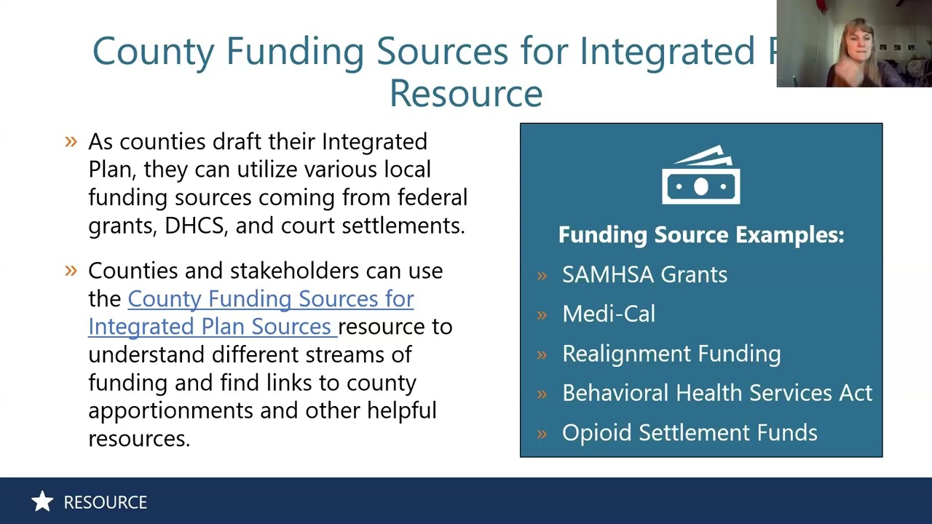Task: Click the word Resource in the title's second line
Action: pos(466,94)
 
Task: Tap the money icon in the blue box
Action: pos(700,175)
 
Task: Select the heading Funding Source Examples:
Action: pos(700,234)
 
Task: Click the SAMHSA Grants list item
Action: pos(644,274)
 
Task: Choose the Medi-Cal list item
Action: pos(609,314)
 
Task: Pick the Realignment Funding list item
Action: pos(671,354)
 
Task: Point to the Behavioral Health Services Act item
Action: pos(716,393)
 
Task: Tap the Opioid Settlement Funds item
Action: pos(689,432)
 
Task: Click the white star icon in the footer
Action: pos(42,501)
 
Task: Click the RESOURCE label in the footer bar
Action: pos(105,502)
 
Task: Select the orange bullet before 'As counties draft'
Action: pos(71,141)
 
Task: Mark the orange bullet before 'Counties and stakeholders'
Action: pos(71,271)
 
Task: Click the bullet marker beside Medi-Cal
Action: pos(542,314)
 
